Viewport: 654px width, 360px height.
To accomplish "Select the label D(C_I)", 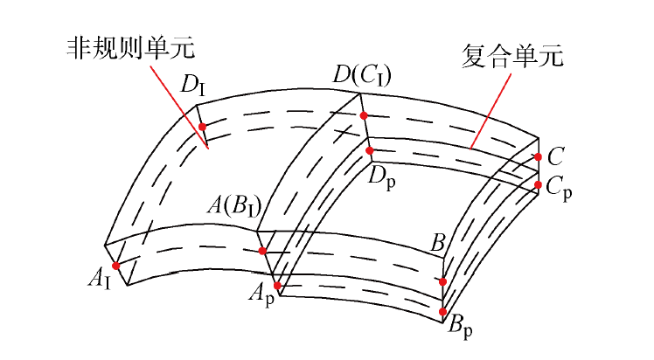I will click(x=361, y=77).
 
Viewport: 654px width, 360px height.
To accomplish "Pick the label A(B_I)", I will click(x=235, y=206).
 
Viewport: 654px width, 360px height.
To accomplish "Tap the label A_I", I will click(x=99, y=279).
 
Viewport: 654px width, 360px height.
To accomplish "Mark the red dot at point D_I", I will click(x=202, y=127).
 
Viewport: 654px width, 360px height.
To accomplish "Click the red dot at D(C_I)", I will click(x=364, y=115).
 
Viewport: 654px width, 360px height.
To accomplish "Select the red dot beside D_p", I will click(x=370, y=150).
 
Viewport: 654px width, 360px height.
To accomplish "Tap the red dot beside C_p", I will click(x=538, y=183).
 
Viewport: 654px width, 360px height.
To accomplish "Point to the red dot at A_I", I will click(x=115, y=266).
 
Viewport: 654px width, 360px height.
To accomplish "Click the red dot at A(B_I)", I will click(x=262, y=252).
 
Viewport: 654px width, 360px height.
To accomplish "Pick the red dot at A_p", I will click(x=277, y=286).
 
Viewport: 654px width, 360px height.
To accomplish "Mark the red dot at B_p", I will click(x=443, y=312).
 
